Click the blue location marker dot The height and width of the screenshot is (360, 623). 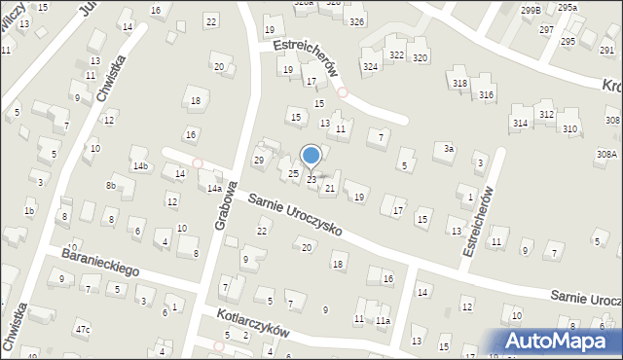(311, 156)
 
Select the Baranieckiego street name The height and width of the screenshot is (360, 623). (100, 262)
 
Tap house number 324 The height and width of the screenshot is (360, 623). (370, 66)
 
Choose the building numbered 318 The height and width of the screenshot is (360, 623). (459, 84)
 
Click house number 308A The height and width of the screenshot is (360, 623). (606, 154)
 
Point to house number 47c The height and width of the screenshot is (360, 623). (83, 330)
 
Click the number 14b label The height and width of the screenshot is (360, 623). (141, 166)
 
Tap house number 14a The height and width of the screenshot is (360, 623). (213, 189)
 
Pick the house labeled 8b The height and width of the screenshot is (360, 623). (111, 185)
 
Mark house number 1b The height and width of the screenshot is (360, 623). (30, 211)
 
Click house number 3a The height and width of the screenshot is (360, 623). (448, 149)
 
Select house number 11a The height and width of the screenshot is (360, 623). (384, 320)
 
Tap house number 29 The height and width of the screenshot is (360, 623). (259, 160)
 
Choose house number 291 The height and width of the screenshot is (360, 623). (606, 49)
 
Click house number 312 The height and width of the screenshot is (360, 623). (546, 115)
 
